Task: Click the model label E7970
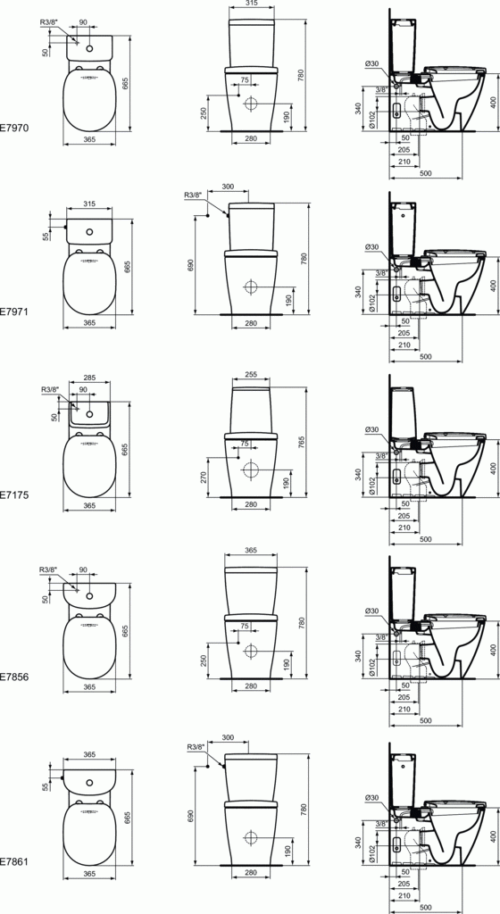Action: click(15, 129)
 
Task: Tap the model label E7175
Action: click(15, 493)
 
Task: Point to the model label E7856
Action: click(15, 677)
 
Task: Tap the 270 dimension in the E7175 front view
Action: click(204, 477)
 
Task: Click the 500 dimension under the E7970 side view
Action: click(425, 172)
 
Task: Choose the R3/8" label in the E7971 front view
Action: click(193, 195)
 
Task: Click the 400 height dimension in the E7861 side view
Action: click(492, 835)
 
